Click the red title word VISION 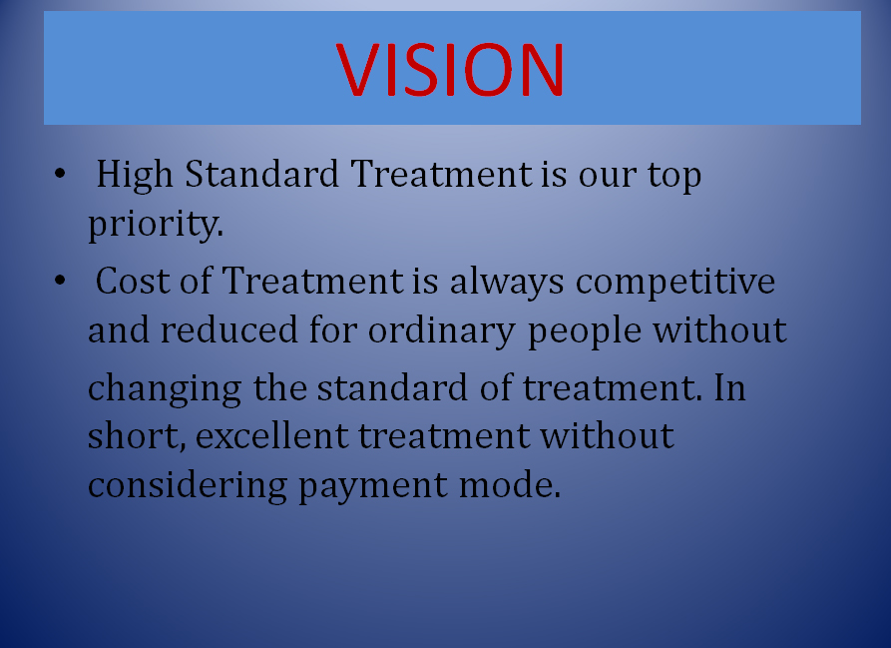tap(449, 69)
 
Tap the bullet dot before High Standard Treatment tap(60, 174)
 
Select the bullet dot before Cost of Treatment tap(60, 281)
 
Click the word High tap(135, 175)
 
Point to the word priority tap(156, 224)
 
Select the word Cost tap(133, 281)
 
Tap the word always tap(507, 283)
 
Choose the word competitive tap(675, 283)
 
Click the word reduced tap(229, 330)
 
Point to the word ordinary tap(442, 331)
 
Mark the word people tap(585, 331)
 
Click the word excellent tap(271, 436)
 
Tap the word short tap(137, 437)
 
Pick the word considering tap(188, 486)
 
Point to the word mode tap(510, 485)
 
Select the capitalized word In tap(729, 387)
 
